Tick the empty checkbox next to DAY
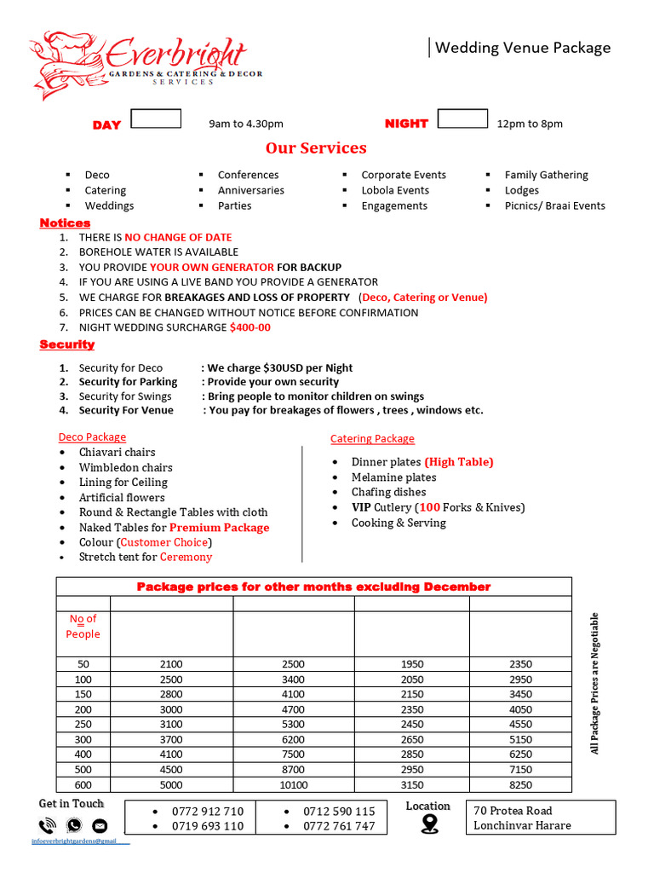pos(156,119)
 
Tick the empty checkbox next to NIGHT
pos(462,119)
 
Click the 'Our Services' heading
pos(316,148)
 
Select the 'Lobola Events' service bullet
pos(394,190)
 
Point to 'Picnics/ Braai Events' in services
pos(554,205)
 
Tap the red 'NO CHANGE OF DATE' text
pos(178,237)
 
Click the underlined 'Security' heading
pos(67,344)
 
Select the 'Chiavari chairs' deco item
pos(118,452)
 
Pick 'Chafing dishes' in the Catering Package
pos(388,492)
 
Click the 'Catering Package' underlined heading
pos(372,438)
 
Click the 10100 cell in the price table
pos(294,785)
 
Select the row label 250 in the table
pos(83,725)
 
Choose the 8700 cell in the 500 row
pos(294,770)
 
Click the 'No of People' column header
pos(83,627)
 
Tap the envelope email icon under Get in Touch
pos(100,825)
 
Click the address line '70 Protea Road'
pos(513,810)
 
